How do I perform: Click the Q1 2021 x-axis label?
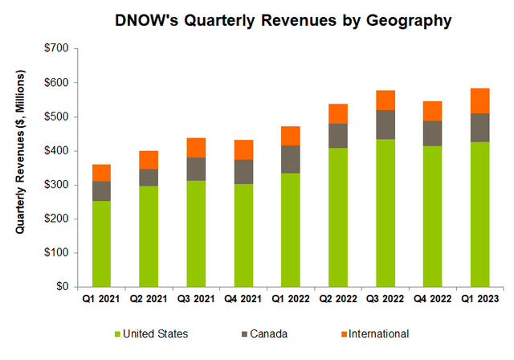[x=101, y=300]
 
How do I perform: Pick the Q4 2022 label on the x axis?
[x=434, y=300]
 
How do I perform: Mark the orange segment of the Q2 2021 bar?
[x=149, y=160]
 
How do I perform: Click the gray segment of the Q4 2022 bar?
[x=434, y=133]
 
